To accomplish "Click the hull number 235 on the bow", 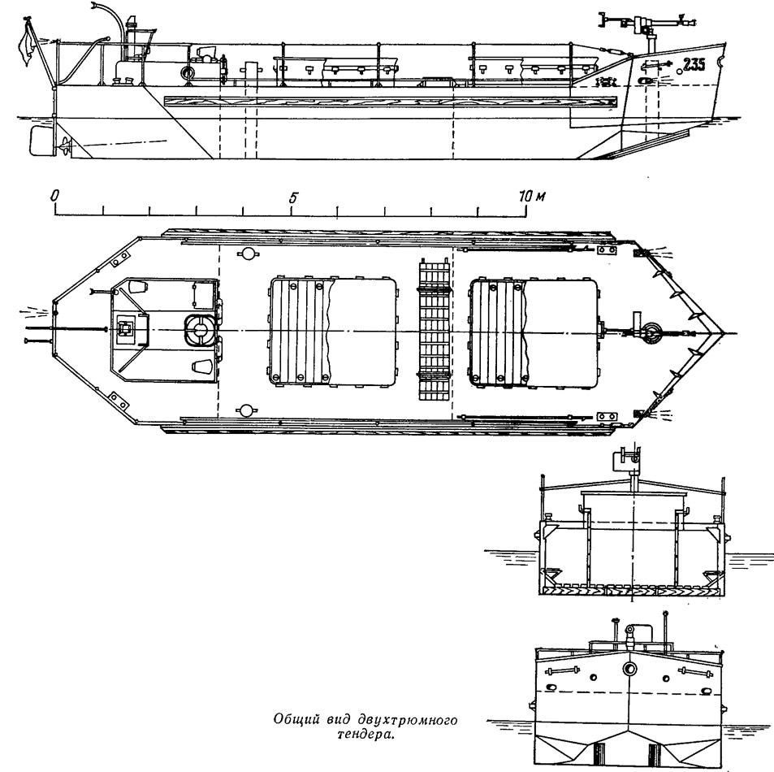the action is [x=694, y=64].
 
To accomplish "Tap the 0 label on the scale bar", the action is [x=54, y=196].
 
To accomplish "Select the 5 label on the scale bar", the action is [x=294, y=197].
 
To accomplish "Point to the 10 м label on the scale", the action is [x=532, y=197].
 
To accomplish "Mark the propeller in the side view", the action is [x=65, y=145].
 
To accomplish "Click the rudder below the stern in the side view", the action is [x=41, y=141].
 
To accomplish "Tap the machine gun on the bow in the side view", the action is [x=646, y=23].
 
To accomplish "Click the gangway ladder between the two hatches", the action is [x=435, y=329].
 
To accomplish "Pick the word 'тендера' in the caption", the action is [x=364, y=734].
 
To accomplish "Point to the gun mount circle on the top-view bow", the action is [x=650, y=331].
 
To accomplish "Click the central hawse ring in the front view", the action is [x=630, y=669].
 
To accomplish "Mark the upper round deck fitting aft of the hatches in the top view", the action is [x=246, y=254].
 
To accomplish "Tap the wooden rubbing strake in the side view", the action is [x=390, y=102].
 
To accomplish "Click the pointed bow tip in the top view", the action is [x=722, y=332].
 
